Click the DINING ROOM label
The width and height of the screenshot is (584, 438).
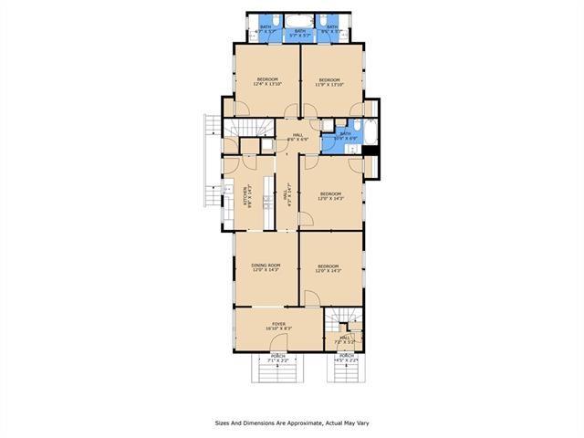tap(266, 267)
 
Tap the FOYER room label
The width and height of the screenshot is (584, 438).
tap(278, 326)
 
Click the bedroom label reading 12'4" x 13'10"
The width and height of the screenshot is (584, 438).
tap(266, 82)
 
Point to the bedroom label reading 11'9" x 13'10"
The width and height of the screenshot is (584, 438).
tap(329, 82)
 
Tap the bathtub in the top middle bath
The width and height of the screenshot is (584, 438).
tap(300, 24)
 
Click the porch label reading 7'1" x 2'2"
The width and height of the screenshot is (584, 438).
tap(277, 359)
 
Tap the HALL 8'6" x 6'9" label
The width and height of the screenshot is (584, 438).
tap(297, 138)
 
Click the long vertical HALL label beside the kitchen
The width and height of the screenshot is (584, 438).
tap(287, 195)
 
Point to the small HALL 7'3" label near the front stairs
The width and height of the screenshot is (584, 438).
tap(346, 339)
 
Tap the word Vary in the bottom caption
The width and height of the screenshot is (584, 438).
tap(361, 422)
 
